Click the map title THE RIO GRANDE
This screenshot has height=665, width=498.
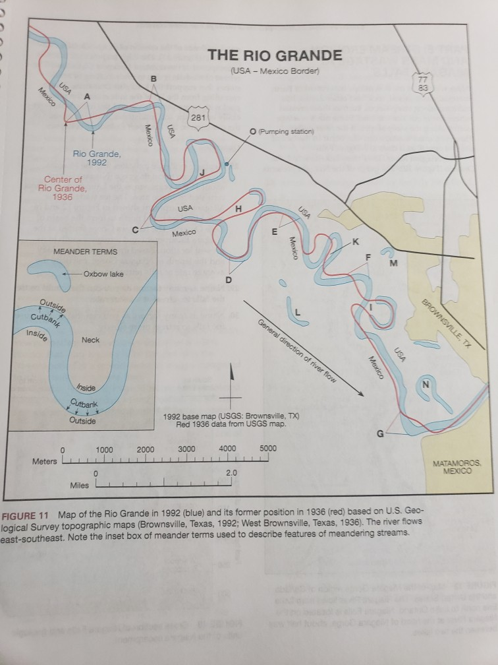pyautogui.click(x=275, y=55)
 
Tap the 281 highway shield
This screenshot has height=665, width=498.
pyautogui.click(x=198, y=117)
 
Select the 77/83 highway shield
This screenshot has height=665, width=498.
pyautogui.click(x=422, y=82)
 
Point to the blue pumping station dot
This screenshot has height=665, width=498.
pyautogui.click(x=226, y=162)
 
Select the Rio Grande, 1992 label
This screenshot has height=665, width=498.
pyautogui.click(x=96, y=158)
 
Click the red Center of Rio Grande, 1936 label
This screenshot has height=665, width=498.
pyautogui.click(x=63, y=187)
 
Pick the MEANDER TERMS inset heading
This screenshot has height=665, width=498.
pyautogui.click(x=86, y=252)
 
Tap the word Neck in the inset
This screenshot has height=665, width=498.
pyautogui.click(x=90, y=340)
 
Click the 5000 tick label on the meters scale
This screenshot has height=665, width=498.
pyautogui.click(x=268, y=449)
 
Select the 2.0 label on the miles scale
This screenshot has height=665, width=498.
pyautogui.click(x=231, y=473)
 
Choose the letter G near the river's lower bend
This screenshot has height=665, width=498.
pyautogui.click(x=379, y=433)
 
